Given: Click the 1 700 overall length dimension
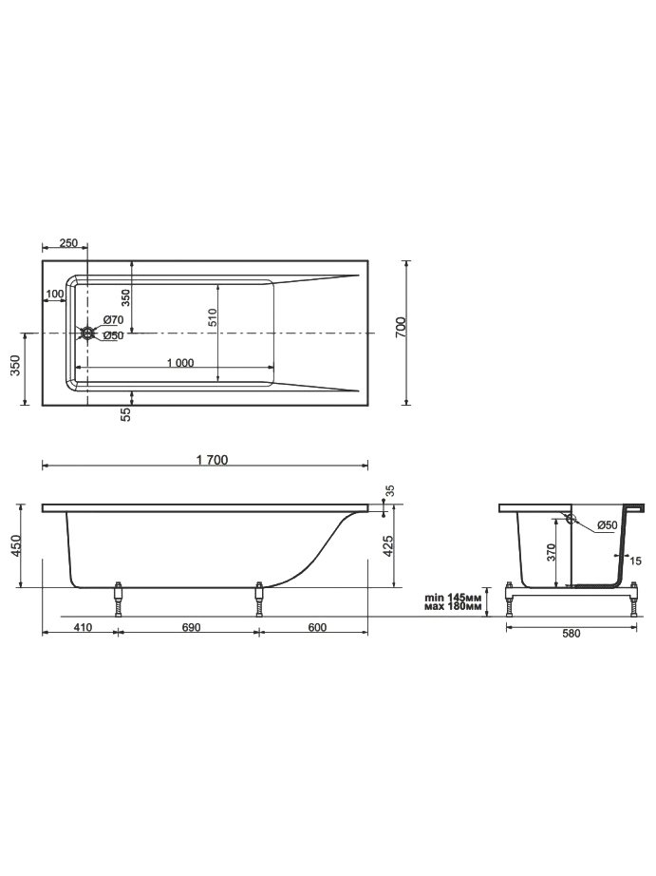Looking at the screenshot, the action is tap(212, 460).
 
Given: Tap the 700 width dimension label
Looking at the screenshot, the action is tap(401, 327).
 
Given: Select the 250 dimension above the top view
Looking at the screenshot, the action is tap(68, 243).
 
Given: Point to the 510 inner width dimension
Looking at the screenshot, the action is tap(212, 317).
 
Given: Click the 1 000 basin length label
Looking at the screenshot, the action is tap(180, 363).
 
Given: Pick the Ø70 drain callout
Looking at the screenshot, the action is tap(113, 320).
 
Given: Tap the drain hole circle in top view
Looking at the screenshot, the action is tap(87, 333).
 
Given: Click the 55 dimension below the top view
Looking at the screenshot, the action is tap(125, 414).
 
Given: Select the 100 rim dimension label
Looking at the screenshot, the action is tap(55, 294).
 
